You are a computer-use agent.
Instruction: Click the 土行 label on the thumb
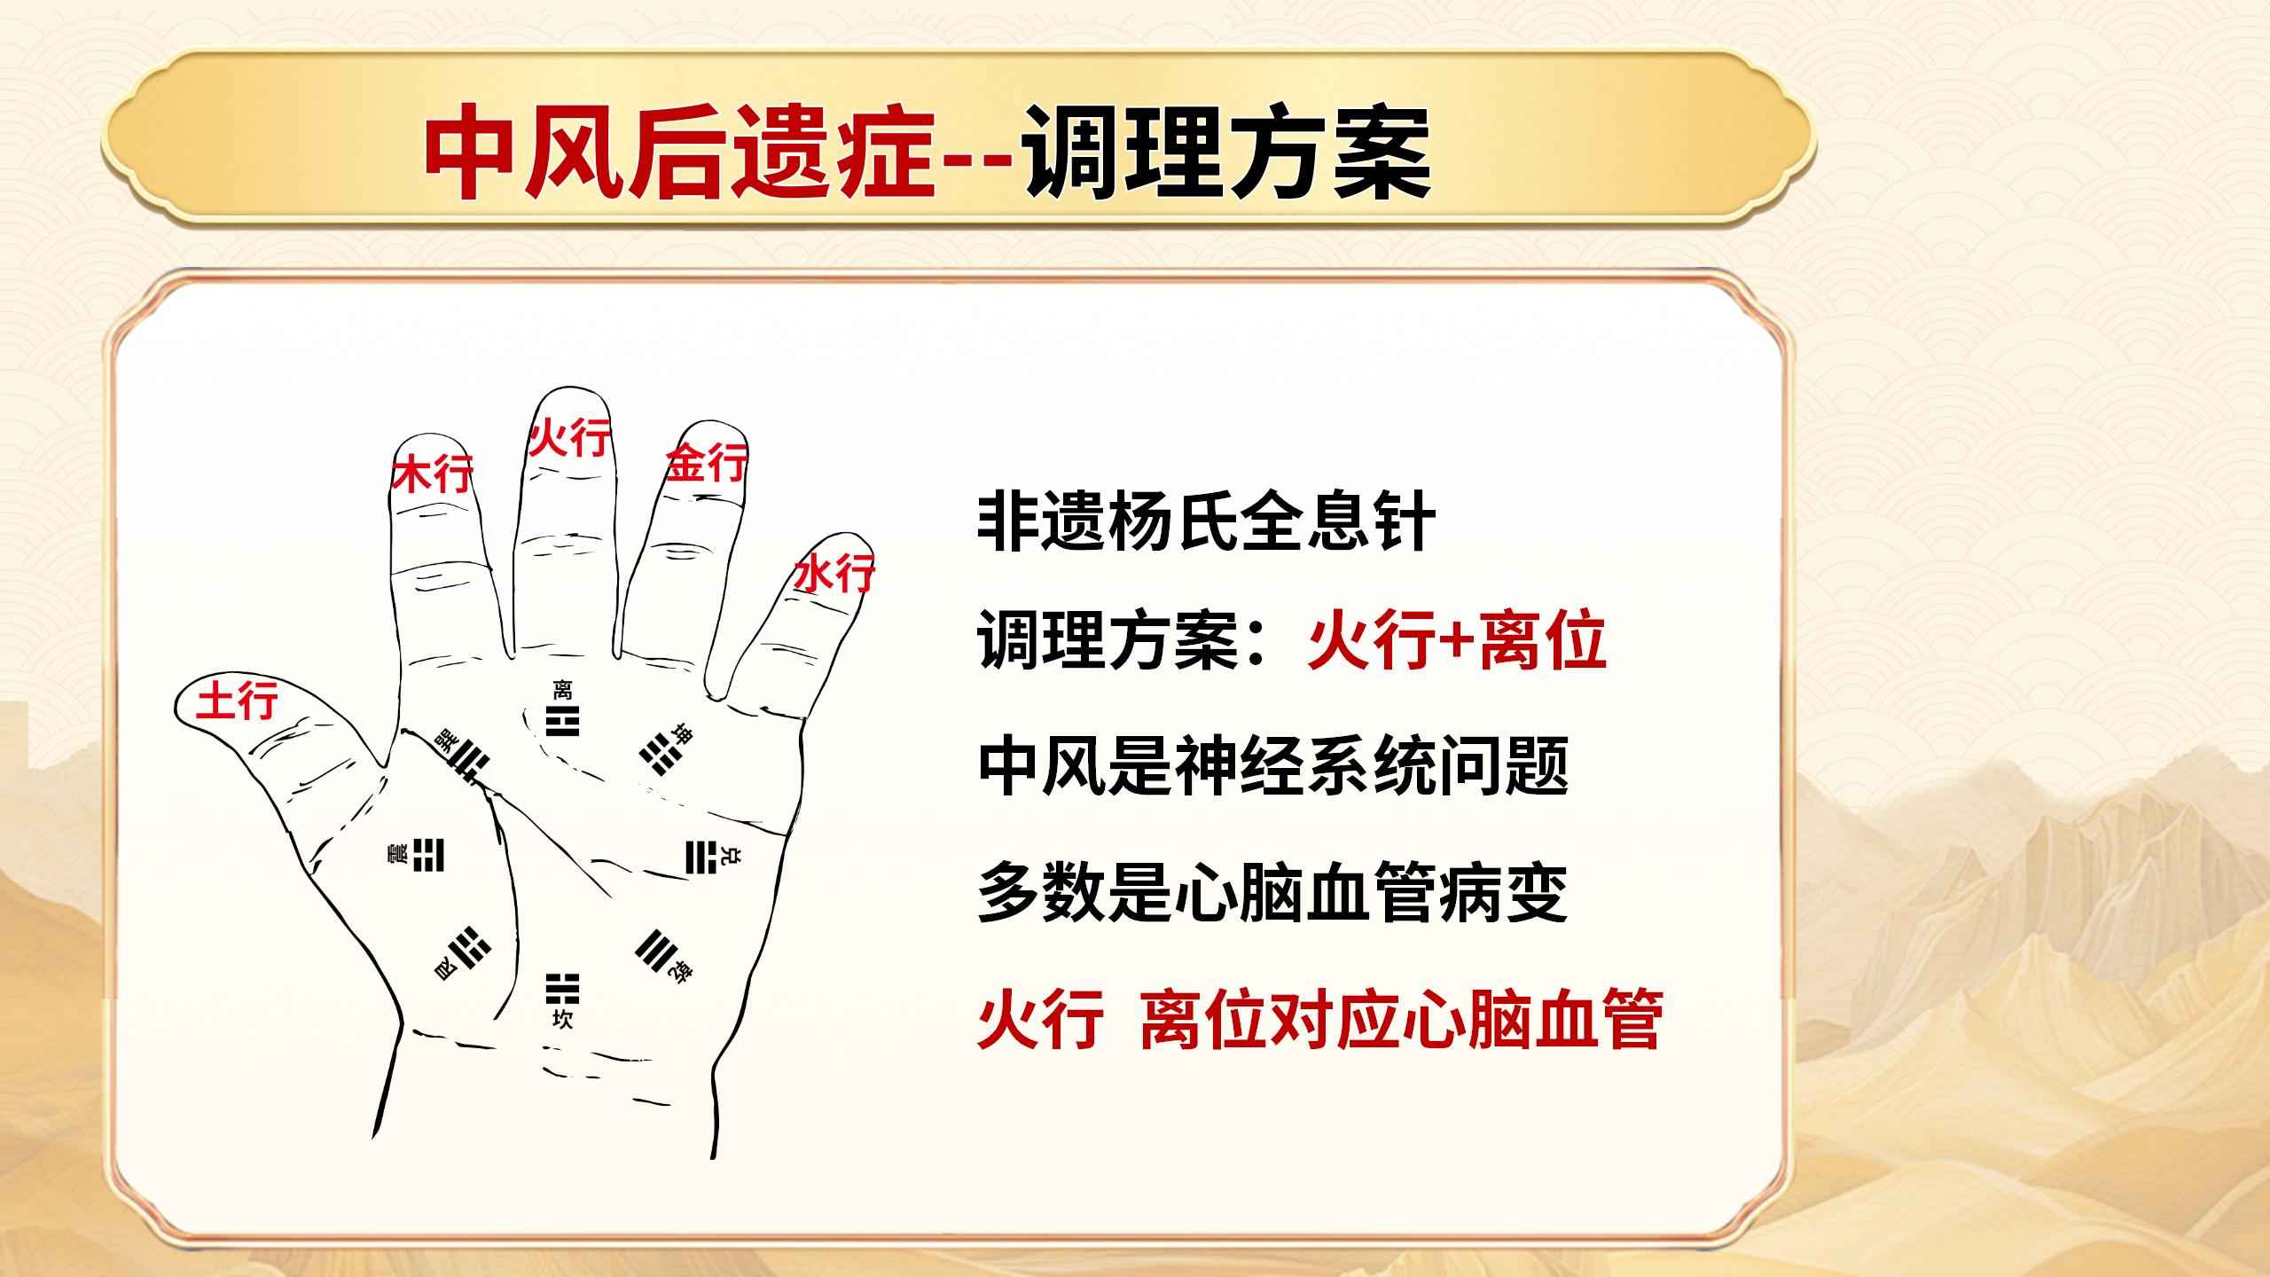click(x=237, y=700)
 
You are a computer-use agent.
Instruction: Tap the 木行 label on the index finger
click(x=432, y=474)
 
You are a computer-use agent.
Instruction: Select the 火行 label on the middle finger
click(x=569, y=437)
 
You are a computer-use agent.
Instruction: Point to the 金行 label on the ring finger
click(x=707, y=463)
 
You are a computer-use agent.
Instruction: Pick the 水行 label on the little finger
click(x=834, y=573)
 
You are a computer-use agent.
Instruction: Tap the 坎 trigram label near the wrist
click(x=562, y=1020)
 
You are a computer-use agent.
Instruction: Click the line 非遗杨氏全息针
click(x=1207, y=524)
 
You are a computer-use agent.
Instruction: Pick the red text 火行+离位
click(x=1458, y=644)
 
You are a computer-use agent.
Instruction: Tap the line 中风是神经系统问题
click(x=1272, y=767)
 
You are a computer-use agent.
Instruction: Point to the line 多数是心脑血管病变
click(x=1272, y=893)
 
